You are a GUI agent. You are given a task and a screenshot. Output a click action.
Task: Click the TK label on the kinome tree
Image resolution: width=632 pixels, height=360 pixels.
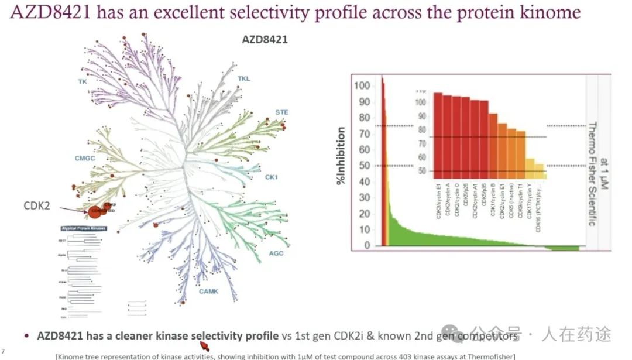click(83, 82)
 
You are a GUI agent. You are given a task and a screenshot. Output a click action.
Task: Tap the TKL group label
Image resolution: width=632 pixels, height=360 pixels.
click(244, 78)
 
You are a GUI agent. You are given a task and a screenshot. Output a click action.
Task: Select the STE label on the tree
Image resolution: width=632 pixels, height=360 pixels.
click(281, 112)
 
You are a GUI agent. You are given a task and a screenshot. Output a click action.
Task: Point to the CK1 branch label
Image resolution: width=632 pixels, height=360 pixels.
click(271, 177)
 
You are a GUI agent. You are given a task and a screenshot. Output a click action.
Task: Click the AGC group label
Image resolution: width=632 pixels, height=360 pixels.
click(276, 253)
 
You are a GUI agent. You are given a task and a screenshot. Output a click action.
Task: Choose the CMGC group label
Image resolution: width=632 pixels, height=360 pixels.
click(85, 158)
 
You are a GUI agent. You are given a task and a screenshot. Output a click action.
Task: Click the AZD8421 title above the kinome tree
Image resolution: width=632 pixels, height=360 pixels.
click(265, 40)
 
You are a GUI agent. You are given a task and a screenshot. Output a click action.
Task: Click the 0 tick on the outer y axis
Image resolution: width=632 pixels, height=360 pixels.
click(367, 246)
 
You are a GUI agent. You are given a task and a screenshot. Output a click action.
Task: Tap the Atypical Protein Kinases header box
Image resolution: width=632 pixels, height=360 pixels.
click(83, 228)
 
